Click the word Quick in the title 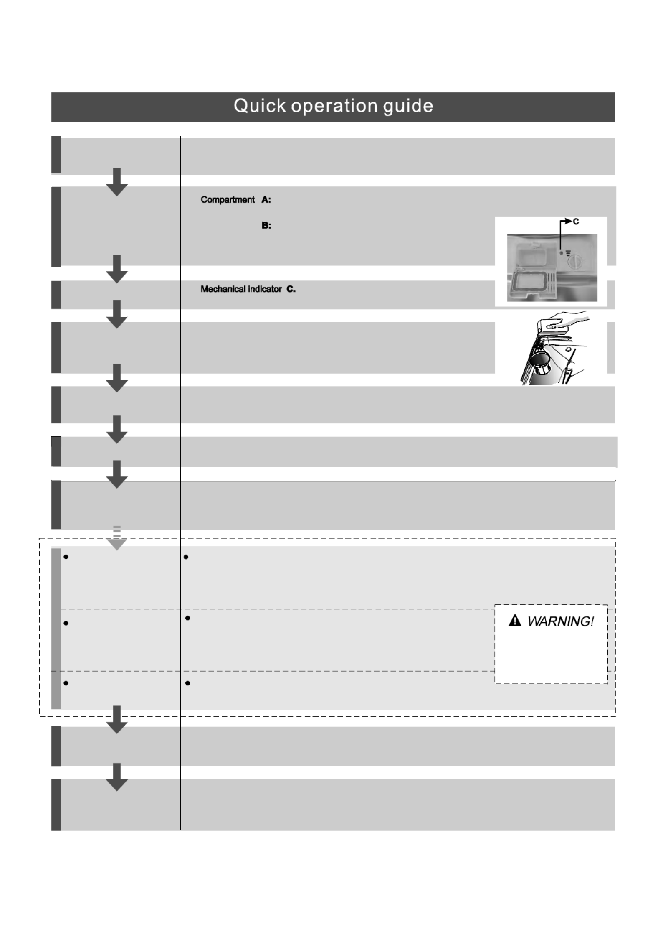click(260, 106)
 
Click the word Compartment click(228, 200)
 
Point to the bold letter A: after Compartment click(266, 200)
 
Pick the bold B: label click(266, 226)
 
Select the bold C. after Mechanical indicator click(291, 289)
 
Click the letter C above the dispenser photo click(576, 222)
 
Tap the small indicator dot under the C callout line click(561, 252)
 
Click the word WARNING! click(560, 621)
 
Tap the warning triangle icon click(515, 621)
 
